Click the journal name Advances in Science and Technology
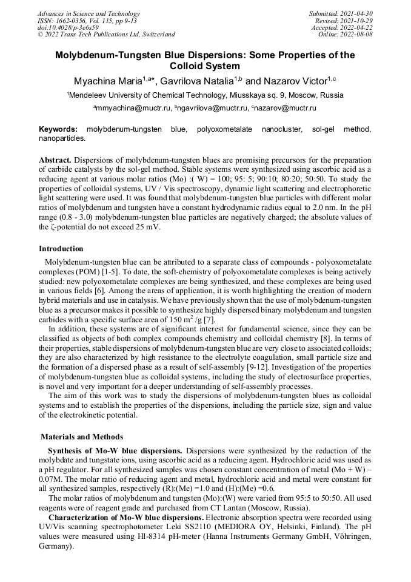pyautogui.click(x=88, y=13)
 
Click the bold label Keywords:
pyautogui.click(x=58, y=129)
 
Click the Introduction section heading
pyautogui.click(x=61, y=249)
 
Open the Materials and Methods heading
pyautogui.click(x=82, y=437)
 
